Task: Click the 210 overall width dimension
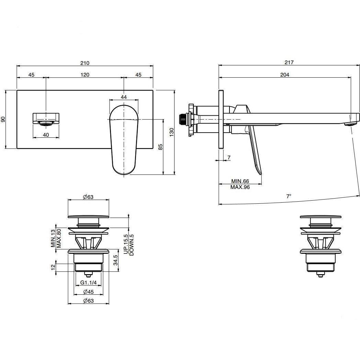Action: [x=85, y=63]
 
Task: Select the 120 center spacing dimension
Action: [x=85, y=75]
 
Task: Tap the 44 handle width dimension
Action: [x=124, y=97]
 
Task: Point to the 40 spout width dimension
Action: [x=46, y=135]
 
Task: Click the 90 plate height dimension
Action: [x=3, y=119]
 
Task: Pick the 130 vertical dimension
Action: [x=172, y=132]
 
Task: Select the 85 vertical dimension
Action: [x=160, y=147]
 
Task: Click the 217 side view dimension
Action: [x=289, y=62]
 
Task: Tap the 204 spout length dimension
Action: [x=285, y=75]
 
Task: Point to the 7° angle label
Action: [x=289, y=196]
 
